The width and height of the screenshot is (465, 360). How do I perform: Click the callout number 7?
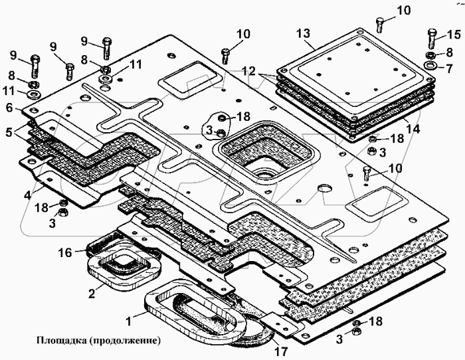point(450,66)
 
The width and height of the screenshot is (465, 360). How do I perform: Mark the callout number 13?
point(303,33)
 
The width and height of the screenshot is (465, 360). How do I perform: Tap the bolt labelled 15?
point(432,38)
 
